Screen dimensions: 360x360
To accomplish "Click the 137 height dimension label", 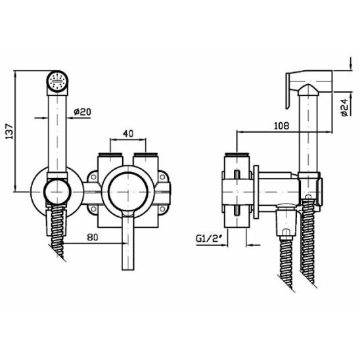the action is point(9,131).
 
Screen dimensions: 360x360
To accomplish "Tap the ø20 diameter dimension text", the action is point(82,112).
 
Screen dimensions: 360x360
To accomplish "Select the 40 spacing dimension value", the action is point(128,133).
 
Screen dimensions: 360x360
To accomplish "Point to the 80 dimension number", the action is point(93,237).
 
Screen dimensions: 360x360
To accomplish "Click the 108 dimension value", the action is point(281,125).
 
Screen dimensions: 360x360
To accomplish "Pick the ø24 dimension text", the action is point(345,108).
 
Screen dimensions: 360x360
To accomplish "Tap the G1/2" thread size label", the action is point(210,238).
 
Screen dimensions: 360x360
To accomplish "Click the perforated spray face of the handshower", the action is point(57,81).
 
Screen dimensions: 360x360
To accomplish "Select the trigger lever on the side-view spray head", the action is point(288,91).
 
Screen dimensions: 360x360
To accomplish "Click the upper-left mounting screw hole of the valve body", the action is point(93,177).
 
